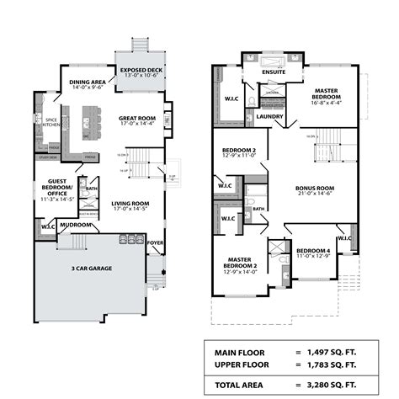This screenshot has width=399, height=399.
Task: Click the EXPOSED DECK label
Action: click(x=140, y=70)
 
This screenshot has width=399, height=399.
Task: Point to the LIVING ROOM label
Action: click(x=130, y=203)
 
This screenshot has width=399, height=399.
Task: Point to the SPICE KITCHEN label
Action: click(x=51, y=122)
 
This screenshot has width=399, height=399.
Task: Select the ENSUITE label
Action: click(x=274, y=72)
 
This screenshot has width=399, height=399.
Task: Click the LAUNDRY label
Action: click(x=269, y=116)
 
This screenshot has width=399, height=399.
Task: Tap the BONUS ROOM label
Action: click(x=315, y=189)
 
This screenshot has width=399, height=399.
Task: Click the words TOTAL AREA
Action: click(x=239, y=384)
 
